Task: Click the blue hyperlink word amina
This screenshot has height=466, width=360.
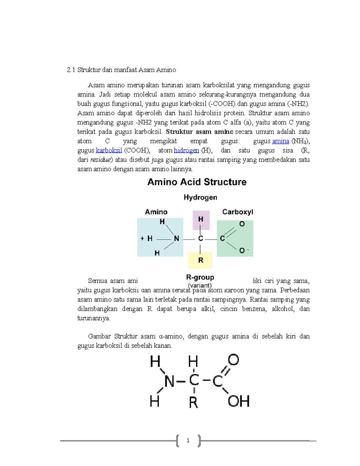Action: [x=280, y=141]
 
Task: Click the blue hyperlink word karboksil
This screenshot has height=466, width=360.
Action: [x=109, y=150]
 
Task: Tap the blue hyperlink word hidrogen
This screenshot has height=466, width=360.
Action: [x=186, y=150]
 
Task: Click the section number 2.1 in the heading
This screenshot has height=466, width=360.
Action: [x=71, y=70]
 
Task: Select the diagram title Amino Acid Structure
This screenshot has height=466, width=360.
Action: [x=197, y=182]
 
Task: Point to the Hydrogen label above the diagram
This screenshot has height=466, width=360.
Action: [x=200, y=197]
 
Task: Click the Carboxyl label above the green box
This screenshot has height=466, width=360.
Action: [x=238, y=212]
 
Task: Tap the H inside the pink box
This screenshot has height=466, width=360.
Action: [x=201, y=219]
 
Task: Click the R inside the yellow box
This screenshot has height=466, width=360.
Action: [x=201, y=260]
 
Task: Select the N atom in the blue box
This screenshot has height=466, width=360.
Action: [x=176, y=239]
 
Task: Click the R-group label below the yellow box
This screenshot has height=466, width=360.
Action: [x=200, y=277]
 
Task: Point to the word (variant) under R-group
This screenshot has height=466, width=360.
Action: [x=200, y=285]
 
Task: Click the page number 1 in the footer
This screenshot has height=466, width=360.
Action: [x=188, y=440]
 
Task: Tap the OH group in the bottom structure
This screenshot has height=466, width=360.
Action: [x=238, y=401]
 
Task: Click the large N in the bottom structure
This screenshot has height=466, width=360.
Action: [x=169, y=382]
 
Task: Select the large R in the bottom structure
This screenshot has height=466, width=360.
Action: [x=193, y=402]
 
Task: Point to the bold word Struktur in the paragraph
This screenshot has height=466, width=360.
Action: [x=179, y=132]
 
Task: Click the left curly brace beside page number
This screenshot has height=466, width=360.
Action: [x=178, y=440]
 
